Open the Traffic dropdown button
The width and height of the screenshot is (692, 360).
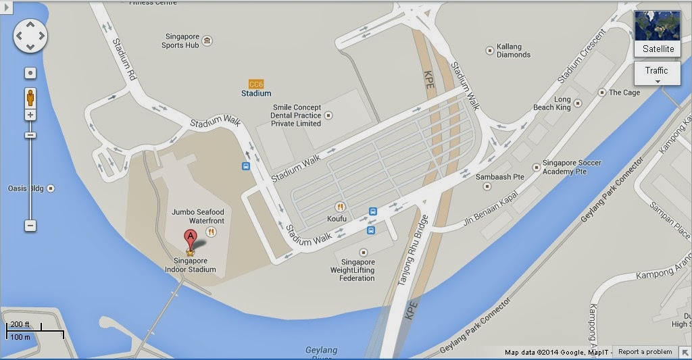(x=657, y=74)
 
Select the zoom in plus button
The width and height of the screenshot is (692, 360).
(x=30, y=115)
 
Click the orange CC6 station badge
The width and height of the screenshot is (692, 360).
(x=256, y=84)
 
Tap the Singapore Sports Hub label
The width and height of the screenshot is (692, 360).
(x=180, y=41)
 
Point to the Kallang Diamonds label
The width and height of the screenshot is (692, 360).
(x=514, y=51)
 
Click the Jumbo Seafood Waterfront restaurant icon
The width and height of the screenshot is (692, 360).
(x=212, y=231)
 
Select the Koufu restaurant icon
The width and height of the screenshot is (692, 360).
(x=340, y=207)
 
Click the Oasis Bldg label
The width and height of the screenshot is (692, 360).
(x=27, y=188)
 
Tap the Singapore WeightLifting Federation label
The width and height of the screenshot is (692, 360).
(x=357, y=270)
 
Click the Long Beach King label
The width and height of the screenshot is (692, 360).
(x=553, y=103)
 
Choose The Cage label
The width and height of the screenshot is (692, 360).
(x=624, y=93)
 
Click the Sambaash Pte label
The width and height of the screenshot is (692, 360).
(x=500, y=176)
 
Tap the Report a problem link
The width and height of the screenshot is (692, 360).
(x=645, y=352)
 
